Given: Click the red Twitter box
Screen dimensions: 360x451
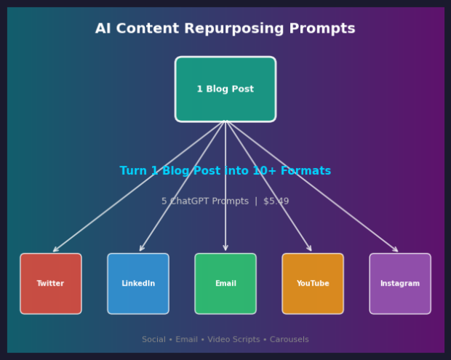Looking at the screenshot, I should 51,284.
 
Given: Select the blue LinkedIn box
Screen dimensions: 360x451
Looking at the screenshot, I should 138,284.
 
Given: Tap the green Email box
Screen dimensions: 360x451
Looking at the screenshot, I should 225,284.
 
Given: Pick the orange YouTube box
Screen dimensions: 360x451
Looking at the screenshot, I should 313,284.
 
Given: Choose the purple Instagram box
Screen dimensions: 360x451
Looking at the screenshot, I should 400,284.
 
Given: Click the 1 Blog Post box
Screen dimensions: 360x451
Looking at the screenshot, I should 225,89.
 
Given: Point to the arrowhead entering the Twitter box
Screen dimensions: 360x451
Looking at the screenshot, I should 55,250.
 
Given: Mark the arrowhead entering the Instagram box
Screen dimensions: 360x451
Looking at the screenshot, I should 396,250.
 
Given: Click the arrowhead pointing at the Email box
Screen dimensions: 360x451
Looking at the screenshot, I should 225,249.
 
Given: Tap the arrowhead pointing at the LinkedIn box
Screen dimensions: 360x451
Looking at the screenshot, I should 141,249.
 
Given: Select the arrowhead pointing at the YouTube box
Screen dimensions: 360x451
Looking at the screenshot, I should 310,249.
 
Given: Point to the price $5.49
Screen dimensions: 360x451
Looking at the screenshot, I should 276,201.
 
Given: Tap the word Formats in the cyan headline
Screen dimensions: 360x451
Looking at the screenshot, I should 306,171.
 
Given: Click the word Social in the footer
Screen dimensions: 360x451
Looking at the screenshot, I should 154,340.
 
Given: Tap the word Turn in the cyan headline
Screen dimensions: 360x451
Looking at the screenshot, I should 134,171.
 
